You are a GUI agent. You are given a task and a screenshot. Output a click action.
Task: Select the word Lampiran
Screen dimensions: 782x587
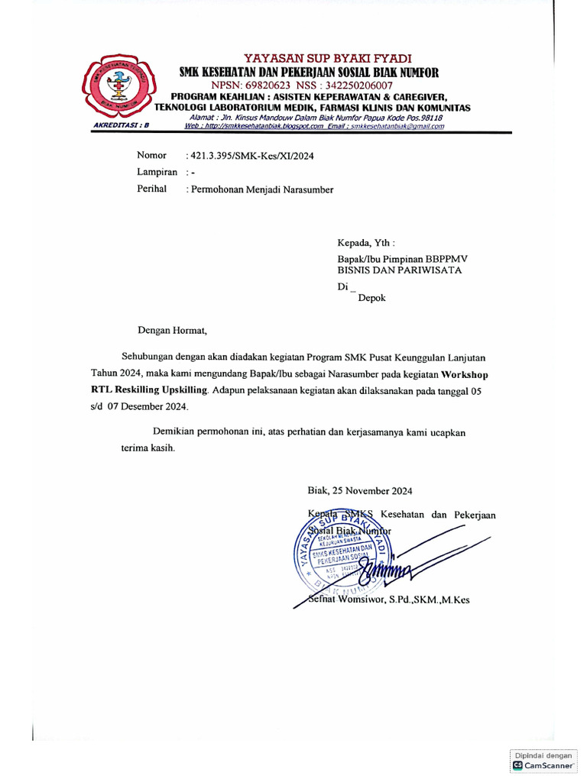point(157,173)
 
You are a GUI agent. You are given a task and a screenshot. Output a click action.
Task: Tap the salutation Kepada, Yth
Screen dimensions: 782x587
point(367,243)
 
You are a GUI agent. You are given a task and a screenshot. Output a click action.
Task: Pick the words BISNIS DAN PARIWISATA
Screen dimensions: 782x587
point(400,270)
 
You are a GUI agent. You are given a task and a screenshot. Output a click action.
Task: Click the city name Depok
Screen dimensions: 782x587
point(372,298)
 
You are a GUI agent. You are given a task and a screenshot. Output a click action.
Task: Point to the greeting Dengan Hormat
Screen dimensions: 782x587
point(172,331)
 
